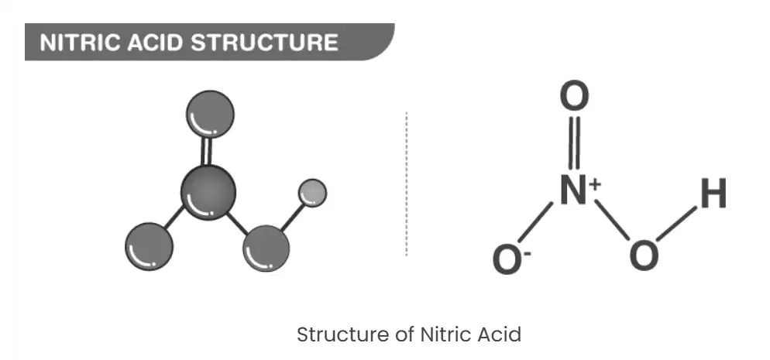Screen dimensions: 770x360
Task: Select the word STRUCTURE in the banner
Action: click(265, 43)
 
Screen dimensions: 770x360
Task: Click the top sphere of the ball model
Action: click(210, 114)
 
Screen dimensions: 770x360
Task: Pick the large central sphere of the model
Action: click(208, 192)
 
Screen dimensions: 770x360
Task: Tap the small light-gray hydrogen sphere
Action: click(312, 193)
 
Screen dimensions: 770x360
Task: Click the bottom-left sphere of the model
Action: click(150, 246)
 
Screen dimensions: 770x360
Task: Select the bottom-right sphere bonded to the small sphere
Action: click(266, 249)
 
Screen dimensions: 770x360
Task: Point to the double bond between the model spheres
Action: click(208, 152)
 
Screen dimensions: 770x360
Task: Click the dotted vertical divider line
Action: click(406, 184)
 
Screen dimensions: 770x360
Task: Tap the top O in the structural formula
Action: click(574, 96)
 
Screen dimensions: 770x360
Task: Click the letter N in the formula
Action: click(573, 190)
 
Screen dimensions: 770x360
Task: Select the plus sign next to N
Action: click(594, 184)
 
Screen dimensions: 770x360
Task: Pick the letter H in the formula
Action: click(713, 194)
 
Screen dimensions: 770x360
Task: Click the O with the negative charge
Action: click(507, 259)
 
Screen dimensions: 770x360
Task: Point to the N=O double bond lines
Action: click(573, 142)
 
